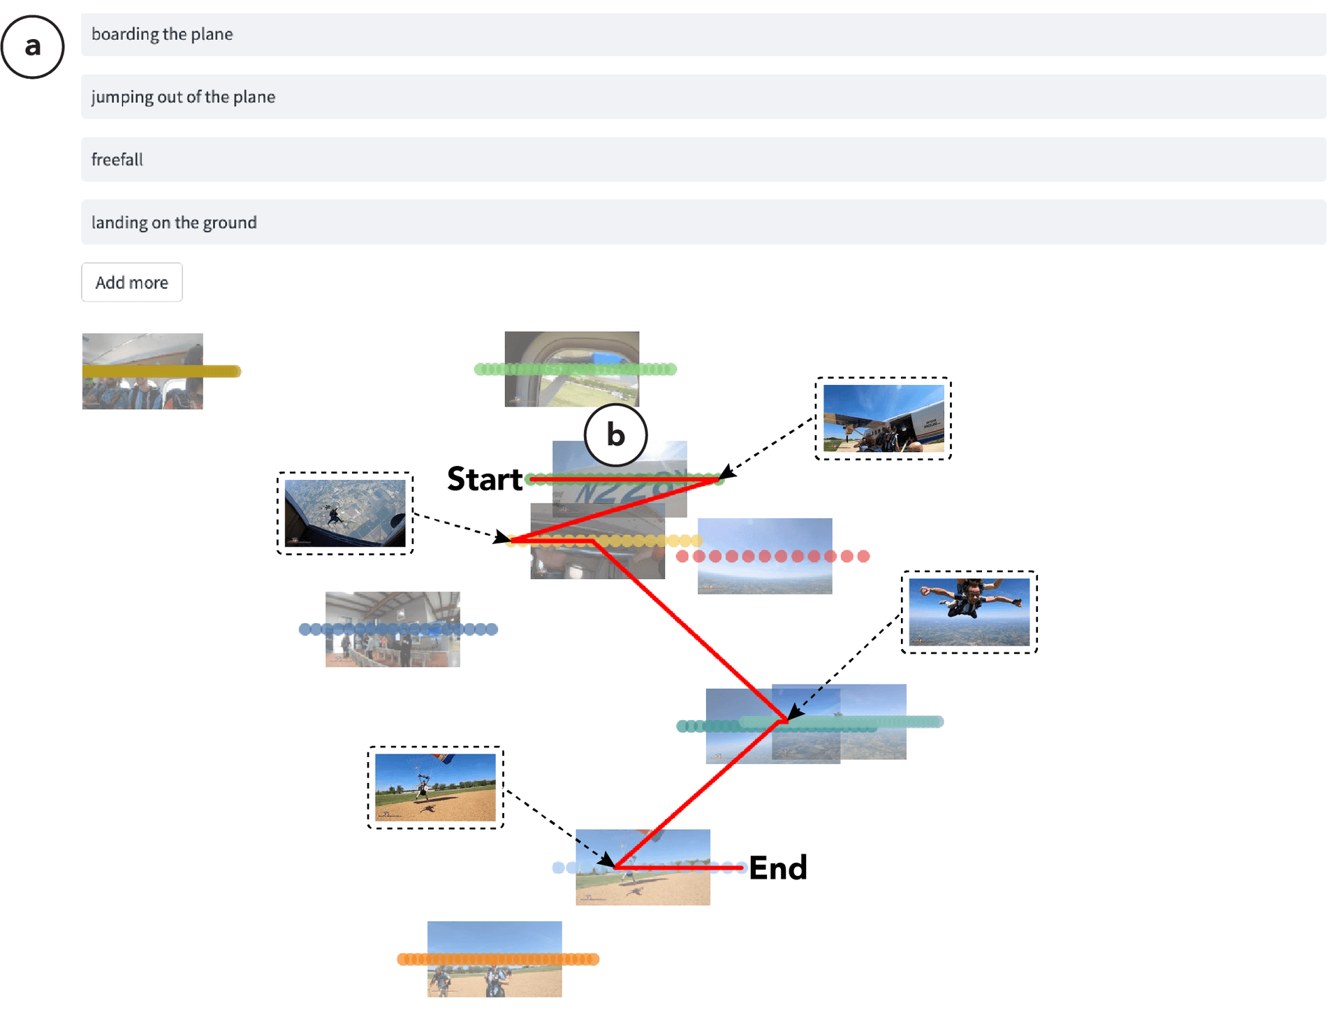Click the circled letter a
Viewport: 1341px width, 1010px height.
[32, 47]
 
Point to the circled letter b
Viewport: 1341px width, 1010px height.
[615, 435]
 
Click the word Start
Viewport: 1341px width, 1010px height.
[484, 480]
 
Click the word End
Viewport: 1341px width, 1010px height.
[777, 868]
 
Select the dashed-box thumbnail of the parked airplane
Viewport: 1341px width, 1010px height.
[883, 418]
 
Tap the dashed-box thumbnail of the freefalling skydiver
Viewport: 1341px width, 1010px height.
[969, 612]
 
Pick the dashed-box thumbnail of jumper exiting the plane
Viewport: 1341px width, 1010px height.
[345, 513]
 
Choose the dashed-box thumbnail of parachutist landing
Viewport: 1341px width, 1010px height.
[435, 787]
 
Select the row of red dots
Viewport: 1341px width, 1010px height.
[772, 556]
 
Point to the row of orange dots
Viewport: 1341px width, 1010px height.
[497, 959]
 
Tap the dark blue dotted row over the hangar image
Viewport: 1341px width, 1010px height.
[398, 629]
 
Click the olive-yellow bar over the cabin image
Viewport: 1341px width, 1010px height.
[161, 372]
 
